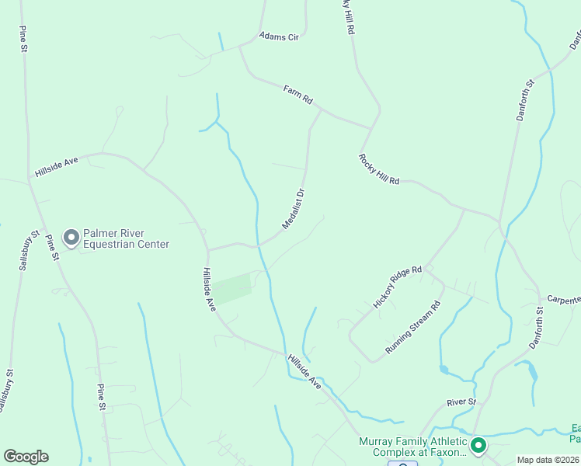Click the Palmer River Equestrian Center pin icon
71,238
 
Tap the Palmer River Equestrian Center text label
127,238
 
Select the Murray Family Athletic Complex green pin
478,446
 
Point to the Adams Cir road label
279,36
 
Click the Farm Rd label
297,95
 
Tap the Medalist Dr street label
292,208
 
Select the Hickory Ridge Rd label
397,287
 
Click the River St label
461,402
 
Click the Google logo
26,457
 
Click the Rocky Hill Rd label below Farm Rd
379,169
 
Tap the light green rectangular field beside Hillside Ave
232,288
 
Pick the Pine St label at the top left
23,38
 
